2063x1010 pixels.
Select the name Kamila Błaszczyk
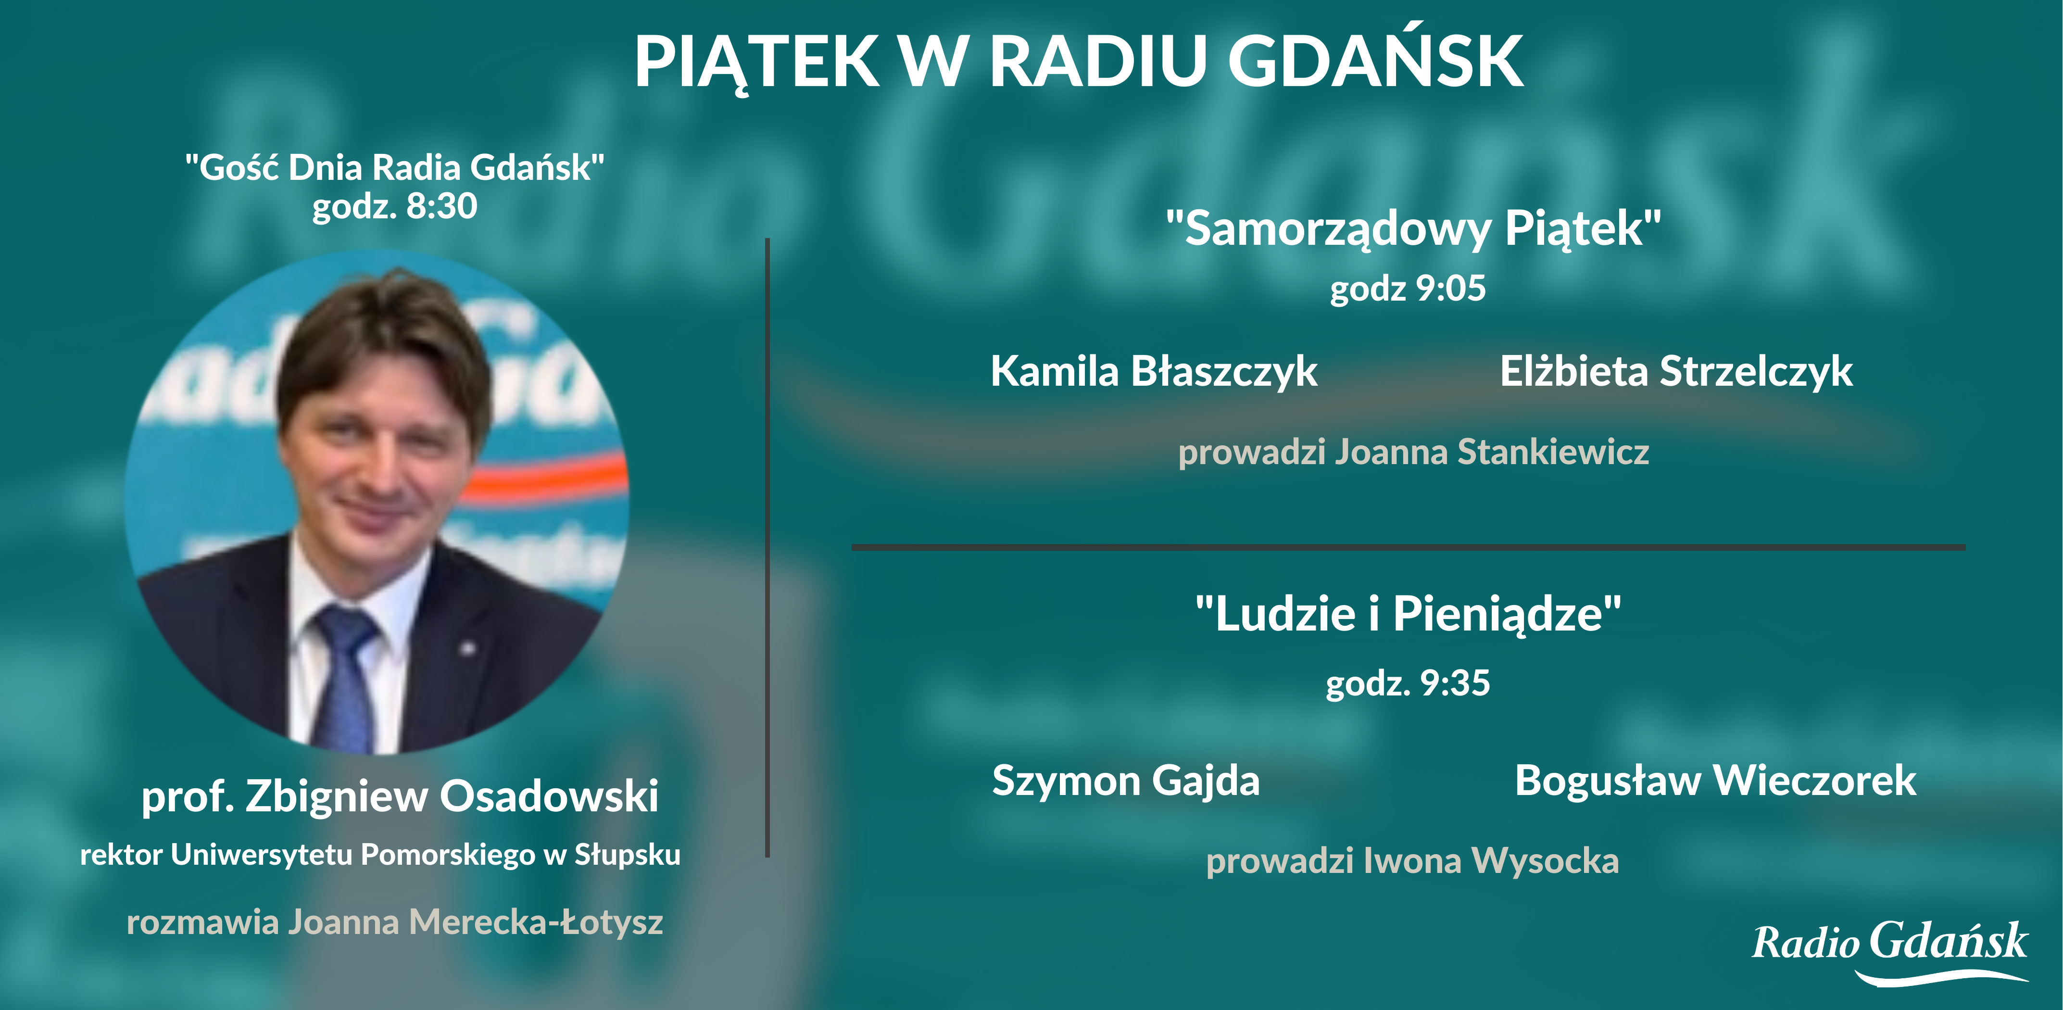click(x=1153, y=372)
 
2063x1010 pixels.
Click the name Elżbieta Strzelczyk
click(x=1676, y=372)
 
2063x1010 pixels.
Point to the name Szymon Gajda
click(x=1125, y=782)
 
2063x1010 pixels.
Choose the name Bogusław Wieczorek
click(x=1715, y=781)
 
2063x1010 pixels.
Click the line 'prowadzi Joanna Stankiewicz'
click(x=1413, y=452)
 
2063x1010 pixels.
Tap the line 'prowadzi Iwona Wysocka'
click(x=1413, y=861)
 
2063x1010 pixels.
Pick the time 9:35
click(x=1455, y=683)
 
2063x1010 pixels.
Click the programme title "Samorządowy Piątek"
click(x=1413, y=229)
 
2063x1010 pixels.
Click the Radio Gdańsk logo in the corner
click(x=1890, y=951)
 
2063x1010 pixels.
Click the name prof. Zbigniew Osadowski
click(x=400, y=796)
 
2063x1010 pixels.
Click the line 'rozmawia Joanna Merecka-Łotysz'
click(x=395, y=922)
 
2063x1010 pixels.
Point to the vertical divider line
click(x=767, y=548)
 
